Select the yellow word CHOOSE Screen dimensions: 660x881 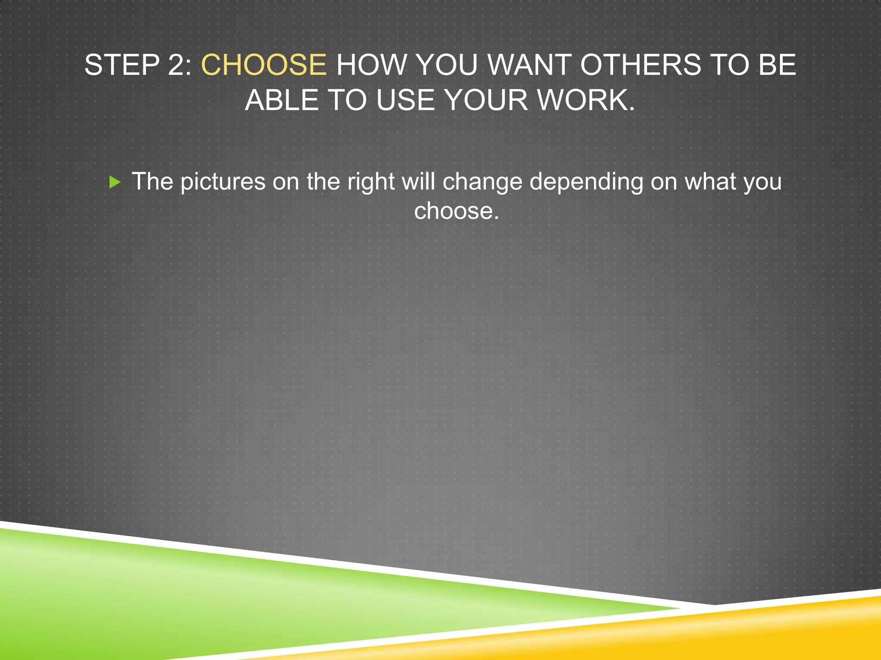point(264,65)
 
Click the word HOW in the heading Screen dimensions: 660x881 point(371,65)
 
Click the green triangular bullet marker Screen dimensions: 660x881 point(115,182)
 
